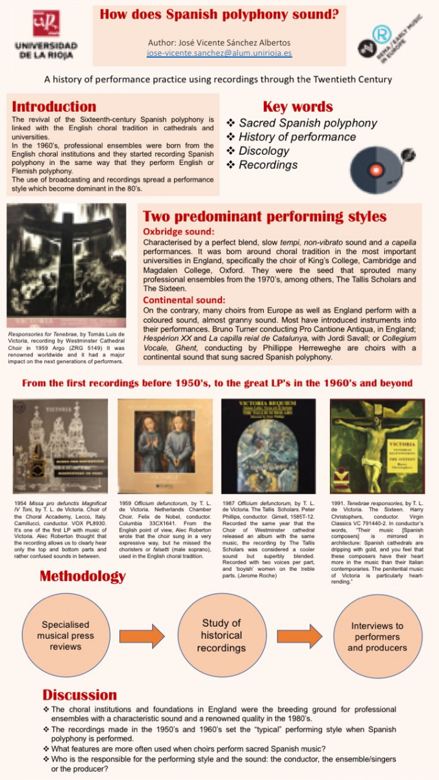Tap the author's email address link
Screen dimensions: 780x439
[219, 53]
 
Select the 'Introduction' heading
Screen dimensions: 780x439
[54, 107]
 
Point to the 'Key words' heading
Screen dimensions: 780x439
[297, 107]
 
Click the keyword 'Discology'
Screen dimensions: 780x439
[264, 151]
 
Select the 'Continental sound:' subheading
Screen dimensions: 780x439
[184, 300]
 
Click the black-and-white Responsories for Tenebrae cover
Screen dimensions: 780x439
[66, 260]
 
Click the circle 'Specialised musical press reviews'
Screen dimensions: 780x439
[66, 636]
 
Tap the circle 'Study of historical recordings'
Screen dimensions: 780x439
[221, 636]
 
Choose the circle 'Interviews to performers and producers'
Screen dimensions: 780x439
[377, 636]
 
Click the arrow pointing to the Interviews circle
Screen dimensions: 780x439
[299, 636]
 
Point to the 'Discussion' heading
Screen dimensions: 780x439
[80, 695]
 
